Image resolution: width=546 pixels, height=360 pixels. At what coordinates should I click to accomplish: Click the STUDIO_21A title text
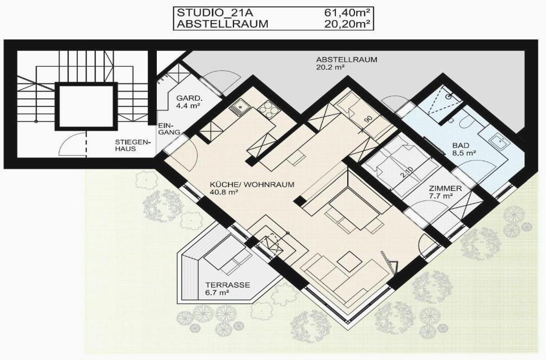[x=215, y=13]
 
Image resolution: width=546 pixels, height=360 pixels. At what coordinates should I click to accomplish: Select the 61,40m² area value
[x=347, y=13]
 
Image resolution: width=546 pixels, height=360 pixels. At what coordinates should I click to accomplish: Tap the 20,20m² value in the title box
[x=347, y=24]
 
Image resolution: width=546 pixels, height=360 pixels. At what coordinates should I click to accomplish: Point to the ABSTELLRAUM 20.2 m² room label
[x=346, y=63]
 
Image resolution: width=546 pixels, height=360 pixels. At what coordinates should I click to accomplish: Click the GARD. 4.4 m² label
[x=189, y=102]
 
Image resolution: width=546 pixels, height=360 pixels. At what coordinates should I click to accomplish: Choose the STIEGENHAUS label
[x=132, y=145]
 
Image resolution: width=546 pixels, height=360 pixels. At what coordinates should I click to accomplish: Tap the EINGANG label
[x=169, y=129]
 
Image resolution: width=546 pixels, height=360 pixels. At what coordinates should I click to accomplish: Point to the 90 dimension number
[x=368, y=119]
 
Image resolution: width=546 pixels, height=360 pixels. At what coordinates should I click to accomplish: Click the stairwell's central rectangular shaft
[x=86, y=106]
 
